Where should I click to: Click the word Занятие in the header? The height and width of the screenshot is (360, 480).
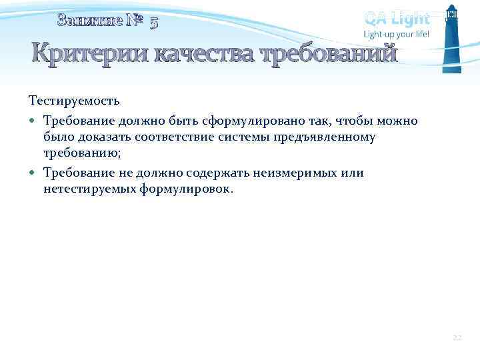[90, 21]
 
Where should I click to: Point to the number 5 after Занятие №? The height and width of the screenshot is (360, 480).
[154, 23]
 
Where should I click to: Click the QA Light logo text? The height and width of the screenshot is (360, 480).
[397, 18]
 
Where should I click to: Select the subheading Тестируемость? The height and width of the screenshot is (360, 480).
[74, 101]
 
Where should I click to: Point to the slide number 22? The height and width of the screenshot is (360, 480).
[457, 339]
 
